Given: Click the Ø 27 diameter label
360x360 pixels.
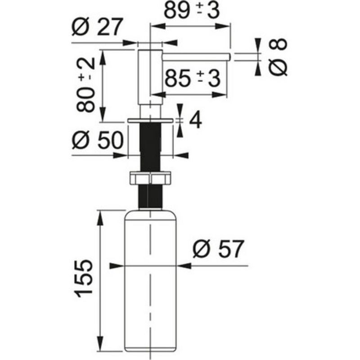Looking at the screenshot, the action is (x=96, y=27).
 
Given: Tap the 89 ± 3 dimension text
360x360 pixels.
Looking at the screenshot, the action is (x=192, y=10).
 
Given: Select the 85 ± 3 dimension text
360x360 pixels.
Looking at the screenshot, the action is (x=193, y=78).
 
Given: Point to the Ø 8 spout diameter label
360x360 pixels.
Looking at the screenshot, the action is (x=278, y=57).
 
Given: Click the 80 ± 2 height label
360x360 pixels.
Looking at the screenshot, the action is (x=85, y=85).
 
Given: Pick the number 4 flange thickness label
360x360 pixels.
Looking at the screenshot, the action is (x=196, y=120).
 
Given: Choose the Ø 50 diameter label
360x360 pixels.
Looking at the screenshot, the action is (x=98, y=140).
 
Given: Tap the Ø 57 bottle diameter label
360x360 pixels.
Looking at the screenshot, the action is (x=218, y=249).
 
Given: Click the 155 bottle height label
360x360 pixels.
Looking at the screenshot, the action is (x=84, y=279).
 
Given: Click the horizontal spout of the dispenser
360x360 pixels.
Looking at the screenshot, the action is (x=196, y=57).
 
